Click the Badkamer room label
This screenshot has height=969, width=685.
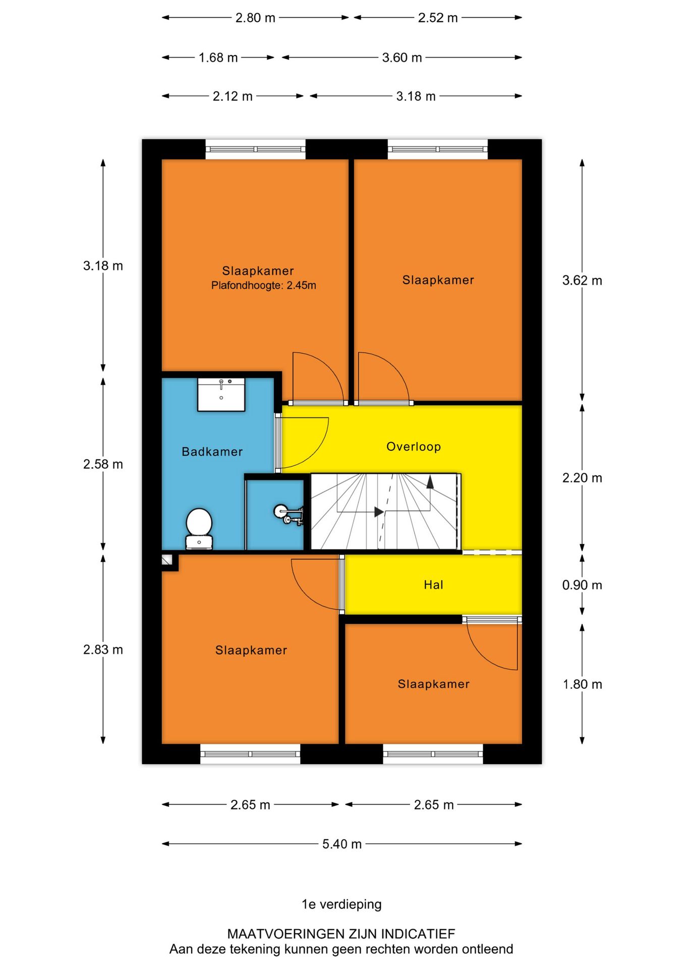(212, 452)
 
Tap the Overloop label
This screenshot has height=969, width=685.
(414, 447)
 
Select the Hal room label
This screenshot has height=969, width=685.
(433, 585)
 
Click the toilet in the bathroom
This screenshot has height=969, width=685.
(199, 528)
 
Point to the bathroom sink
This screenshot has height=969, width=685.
(221, 395)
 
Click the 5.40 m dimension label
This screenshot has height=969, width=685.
(342, 844)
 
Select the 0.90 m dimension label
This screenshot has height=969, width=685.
(582, 585)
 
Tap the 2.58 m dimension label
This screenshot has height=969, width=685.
(103, 464)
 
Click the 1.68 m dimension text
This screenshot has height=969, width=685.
(218, 58)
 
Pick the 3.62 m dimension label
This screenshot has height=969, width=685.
(582, 281)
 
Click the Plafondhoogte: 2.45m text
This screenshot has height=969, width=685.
(263, 286)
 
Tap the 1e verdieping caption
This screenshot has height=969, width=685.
(341, 904)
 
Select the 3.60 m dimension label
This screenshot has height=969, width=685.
(402, 58)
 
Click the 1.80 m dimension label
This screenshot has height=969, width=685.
(582, 684)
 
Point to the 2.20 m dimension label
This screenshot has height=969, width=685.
(582, 478)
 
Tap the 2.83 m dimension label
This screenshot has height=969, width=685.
(103, 650)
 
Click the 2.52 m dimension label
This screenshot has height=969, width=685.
(438, 18)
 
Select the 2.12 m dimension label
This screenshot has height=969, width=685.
(233, 96)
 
